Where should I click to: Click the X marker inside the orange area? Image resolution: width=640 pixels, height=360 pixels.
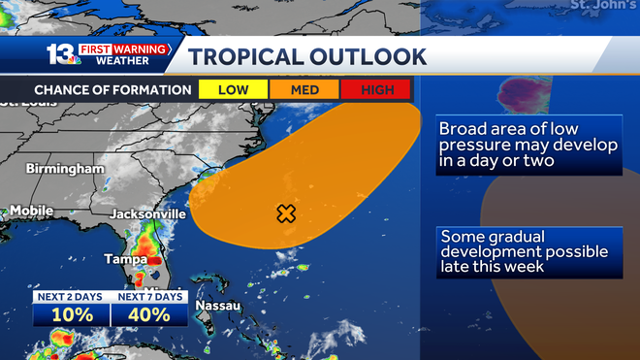pos(286,213)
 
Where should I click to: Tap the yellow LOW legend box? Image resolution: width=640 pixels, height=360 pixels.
pos(232,89)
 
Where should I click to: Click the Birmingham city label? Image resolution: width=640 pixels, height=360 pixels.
pos(65,169)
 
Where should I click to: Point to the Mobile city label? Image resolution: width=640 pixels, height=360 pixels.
pos(31,211)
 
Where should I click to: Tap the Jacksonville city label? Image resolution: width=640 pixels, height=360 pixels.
pos(147,213)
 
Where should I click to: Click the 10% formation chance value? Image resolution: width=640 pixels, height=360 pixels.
pos(72,314)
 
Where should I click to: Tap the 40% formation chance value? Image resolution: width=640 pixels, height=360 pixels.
pos(148,314)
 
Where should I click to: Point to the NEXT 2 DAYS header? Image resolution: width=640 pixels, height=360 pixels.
pos(72,296)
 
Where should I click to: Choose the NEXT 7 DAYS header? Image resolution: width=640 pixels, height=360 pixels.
pos(148,296)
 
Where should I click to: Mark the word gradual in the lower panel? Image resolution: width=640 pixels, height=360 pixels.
pos(519,236)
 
